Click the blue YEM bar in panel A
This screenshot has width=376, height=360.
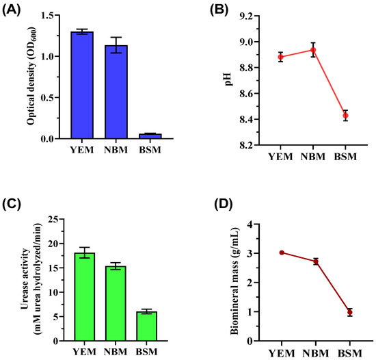tap(82, 86)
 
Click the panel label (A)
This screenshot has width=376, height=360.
tap(16, 8)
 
